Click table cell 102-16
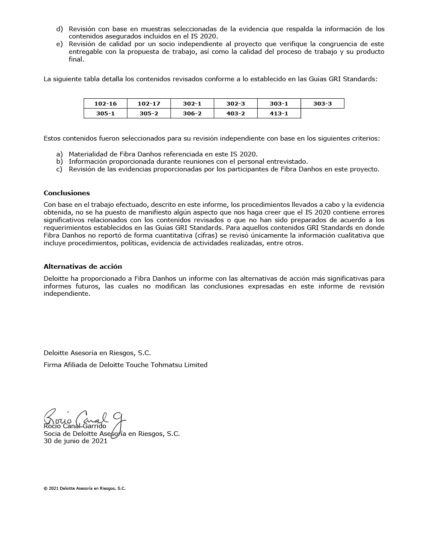(105, 103)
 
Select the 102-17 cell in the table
(149, 103)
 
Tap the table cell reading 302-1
(192, 103)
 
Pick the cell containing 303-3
(322, 103)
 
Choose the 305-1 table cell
(105, 113)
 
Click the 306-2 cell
(192, 113)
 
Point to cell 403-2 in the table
(235, 113)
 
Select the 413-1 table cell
(279, 113)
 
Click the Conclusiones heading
(67, 193)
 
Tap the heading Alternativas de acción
(83, 266)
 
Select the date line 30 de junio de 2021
(75, 441)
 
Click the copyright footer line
(84, 488)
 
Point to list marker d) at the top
(59, 29)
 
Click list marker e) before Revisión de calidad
(59, 44)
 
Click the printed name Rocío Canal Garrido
(75, 426)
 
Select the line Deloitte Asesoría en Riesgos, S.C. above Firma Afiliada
(97, 353)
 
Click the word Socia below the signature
(53, 433)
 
